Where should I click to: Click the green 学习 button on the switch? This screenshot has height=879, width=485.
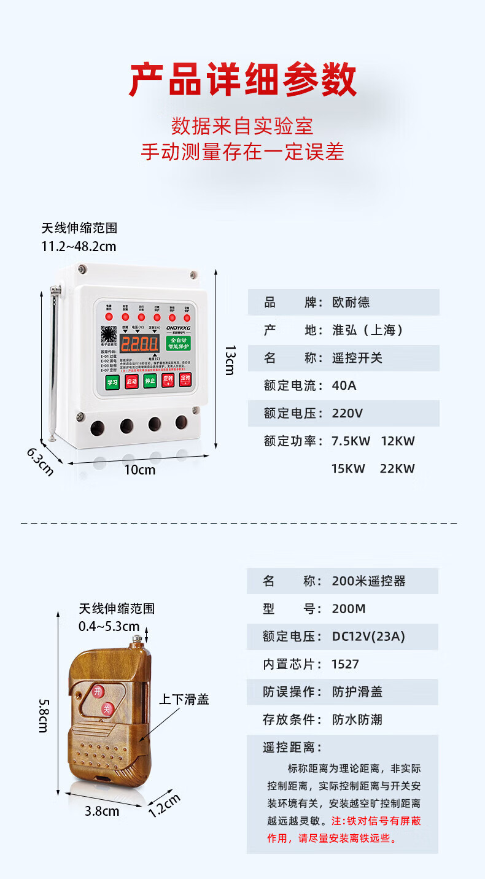112,381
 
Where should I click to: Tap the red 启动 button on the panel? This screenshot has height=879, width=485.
131,381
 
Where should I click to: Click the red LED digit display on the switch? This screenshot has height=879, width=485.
139,344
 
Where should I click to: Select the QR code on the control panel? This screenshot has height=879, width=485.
109,335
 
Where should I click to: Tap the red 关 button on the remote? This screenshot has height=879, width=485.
107,709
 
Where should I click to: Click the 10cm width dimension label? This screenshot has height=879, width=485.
141,470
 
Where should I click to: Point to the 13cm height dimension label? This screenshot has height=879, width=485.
230,360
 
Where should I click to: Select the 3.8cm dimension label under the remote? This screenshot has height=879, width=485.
102,811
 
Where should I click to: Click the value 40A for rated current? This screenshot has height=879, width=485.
344,385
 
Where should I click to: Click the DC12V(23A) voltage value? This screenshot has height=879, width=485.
368,637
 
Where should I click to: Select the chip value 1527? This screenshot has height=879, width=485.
345,664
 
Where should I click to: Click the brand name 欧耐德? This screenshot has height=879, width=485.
351,303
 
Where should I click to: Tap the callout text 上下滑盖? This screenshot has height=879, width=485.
184,699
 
